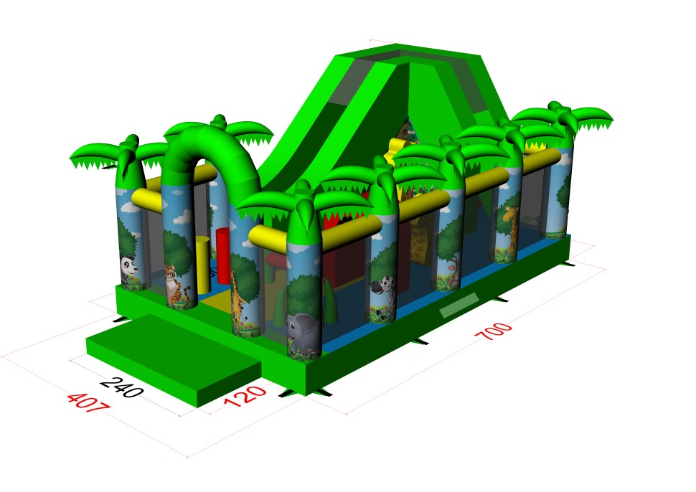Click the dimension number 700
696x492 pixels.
coord(494,331)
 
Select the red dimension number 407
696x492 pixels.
coord(88,402)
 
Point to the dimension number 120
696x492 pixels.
coord(245,396)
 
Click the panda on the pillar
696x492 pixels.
coord(128,269)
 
